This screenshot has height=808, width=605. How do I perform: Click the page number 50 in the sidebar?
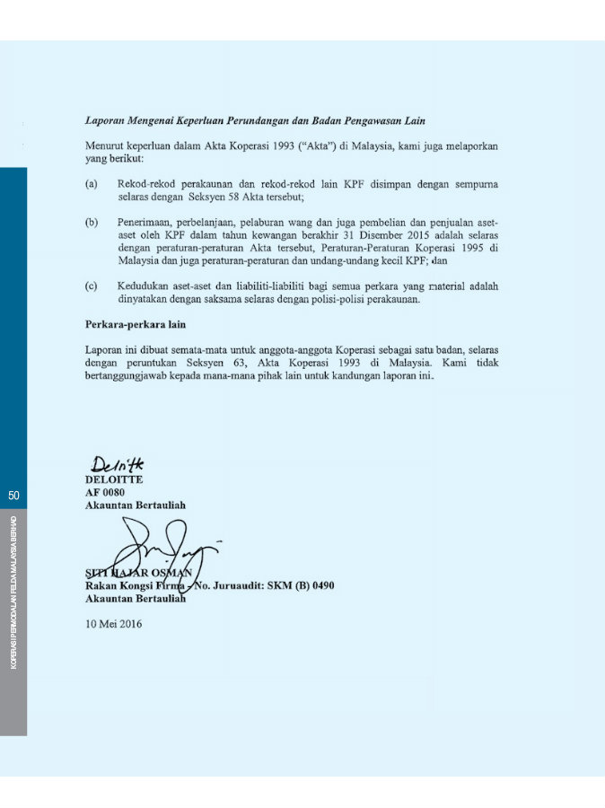[x=13, y=495]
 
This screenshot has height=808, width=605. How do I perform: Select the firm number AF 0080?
[x=105, y=492]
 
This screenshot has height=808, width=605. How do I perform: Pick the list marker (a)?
[x=91, y=183]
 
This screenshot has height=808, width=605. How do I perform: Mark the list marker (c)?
[x=91, y=285]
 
